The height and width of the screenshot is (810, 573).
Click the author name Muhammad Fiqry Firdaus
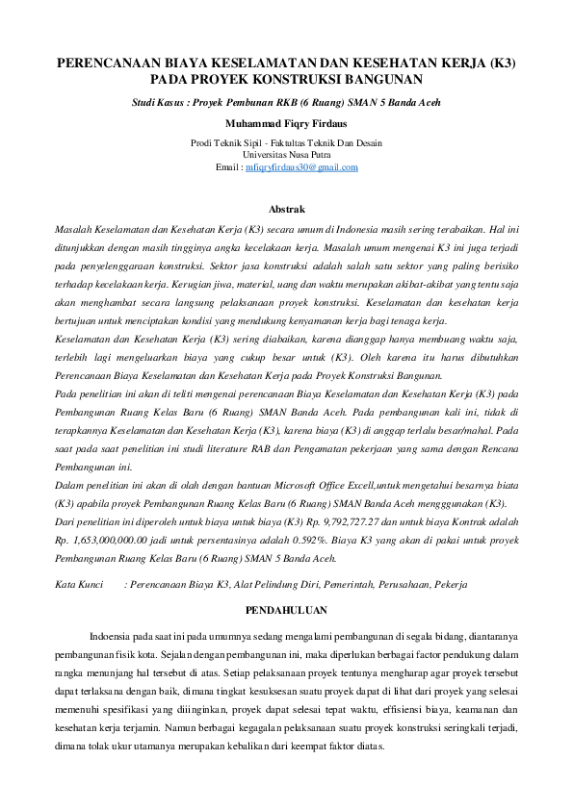pyautogui.click(x=286, y=123)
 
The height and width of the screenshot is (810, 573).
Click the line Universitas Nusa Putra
pyautogui.click(x=286, y=154)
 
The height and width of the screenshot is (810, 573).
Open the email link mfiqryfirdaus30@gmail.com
pyautogui.click(x=301, y=166)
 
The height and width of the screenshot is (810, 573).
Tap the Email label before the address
pyautogui.click(x=227, y=166)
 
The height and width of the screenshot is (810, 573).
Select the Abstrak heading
pyautogui.click(x=286, y=209)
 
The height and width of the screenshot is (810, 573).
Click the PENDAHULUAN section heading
pyautogui.click(x=286, y=610)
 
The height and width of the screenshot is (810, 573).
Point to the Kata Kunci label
pyautogui.click(x=79, y=584)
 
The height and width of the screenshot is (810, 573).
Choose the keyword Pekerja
pyautogui.click(x=450, y=584)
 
